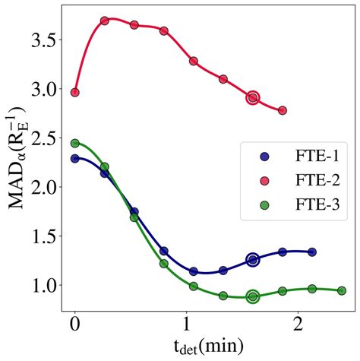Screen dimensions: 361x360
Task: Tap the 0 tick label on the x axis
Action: (x=74, y=324)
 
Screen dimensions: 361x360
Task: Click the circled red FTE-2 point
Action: (x=253, y=97)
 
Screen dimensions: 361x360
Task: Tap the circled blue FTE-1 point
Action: (x=253, y=260)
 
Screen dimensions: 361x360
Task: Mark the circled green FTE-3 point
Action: (x=253, y=296)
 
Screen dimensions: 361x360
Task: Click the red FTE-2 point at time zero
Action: (x=74, y=93)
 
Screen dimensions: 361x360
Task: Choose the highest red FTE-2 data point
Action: (x=105, y=21)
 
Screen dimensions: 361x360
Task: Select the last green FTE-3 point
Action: (x=342, y=290)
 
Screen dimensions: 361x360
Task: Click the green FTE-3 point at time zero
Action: (x=74, y=143)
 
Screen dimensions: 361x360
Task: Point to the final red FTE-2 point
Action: (x=283, y=110)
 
